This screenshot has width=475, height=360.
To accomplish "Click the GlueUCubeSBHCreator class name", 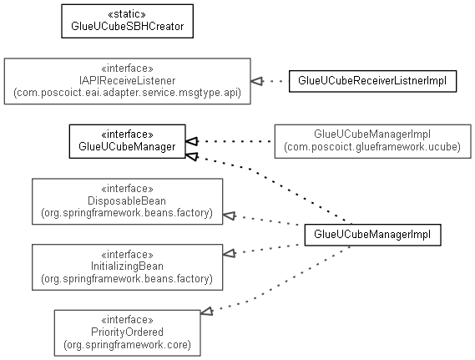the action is [127, 27].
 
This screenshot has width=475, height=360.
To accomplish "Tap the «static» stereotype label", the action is [127, 14].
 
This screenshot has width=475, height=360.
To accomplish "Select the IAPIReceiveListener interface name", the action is [127, 81].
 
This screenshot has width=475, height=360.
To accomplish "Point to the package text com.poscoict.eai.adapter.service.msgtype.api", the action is [127, 93].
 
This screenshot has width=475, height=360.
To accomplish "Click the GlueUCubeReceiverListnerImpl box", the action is [372, 81].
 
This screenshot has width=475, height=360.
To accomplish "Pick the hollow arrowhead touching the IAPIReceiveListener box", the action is [256, 81].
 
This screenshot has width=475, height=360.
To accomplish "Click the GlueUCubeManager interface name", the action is [127, 147].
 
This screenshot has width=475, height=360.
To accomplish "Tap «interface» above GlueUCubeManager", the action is [127, 134].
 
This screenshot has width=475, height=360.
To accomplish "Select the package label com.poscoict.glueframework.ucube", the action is [372, 147].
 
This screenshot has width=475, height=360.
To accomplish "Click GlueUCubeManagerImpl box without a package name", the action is [372, 235].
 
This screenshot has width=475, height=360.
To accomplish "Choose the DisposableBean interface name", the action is [127, 201].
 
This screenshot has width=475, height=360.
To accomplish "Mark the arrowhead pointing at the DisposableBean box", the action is [229, 215].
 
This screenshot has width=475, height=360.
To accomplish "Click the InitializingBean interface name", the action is [127, 266].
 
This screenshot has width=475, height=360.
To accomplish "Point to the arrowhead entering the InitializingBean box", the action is [229, 253].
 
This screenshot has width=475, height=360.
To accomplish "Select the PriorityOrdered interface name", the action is [127, 332].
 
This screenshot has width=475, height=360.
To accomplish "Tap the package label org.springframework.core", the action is [127, 344].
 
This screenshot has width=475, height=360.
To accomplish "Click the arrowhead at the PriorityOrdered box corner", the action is [206, 312].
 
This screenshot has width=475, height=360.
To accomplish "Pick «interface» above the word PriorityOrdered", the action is [127, 320].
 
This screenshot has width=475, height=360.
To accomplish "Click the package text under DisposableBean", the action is [127, 213].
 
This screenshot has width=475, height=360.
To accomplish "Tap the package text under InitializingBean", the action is [127, 278].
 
